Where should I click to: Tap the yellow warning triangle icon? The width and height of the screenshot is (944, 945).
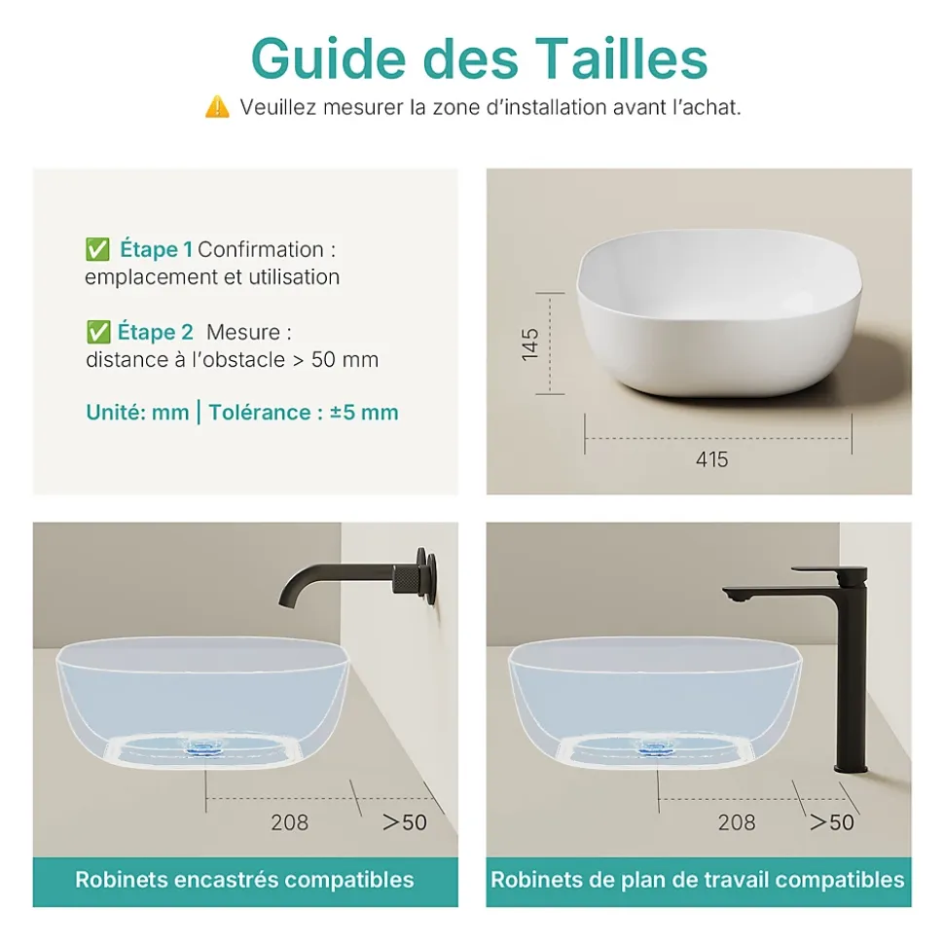coord(217,107)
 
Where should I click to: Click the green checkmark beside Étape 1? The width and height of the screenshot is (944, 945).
coord(97,249)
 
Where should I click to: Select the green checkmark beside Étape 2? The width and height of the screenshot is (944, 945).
coord(98,332)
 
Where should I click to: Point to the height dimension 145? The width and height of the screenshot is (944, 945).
coord(530,345)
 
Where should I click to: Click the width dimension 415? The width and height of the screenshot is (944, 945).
coord(712,459)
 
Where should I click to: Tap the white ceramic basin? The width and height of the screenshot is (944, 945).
coord(719,312)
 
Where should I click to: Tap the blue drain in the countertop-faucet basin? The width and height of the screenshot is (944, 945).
coord(657,747)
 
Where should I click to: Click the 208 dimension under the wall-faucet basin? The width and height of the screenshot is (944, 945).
coord(289,822)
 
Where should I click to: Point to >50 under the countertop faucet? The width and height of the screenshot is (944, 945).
coord(831,822)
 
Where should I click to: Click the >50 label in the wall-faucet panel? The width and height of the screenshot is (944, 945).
coord(405,822)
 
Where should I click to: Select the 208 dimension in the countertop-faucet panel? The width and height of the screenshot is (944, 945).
coord(737,822)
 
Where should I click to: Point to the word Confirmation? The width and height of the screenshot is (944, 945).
coord(261,249)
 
